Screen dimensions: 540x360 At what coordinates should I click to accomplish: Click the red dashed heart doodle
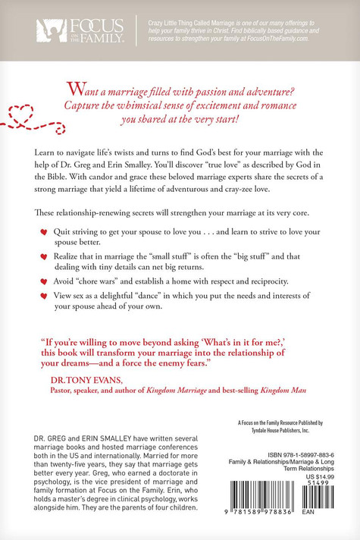coord(21,115)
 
